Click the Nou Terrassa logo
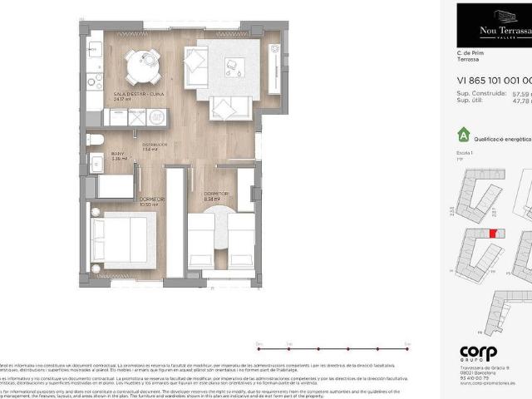pyautogui.click(x=494, y=25)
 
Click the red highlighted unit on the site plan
pyautogui.click(x=495, y=234)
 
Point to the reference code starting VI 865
pyautogui.click(x=494, y=81)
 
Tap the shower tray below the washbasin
pyautogui.click(x=114, y=185)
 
